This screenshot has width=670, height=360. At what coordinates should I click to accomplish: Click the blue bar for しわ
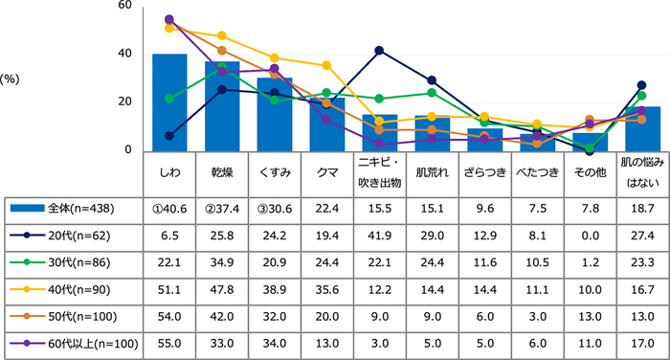169,102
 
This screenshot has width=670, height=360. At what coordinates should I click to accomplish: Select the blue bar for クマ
326,124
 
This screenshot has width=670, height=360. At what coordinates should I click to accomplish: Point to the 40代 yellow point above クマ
326,65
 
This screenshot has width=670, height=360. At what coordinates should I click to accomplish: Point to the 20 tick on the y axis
125,102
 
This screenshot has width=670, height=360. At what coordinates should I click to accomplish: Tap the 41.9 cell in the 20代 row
379,235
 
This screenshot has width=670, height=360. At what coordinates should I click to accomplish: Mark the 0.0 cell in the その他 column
589,235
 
